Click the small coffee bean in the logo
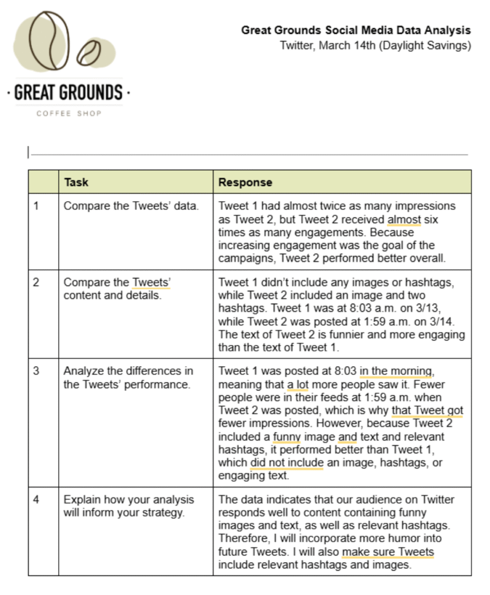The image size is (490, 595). coord(89,52)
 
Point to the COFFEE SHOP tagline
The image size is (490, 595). coord(69,113)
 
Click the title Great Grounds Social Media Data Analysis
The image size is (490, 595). coord(356,31)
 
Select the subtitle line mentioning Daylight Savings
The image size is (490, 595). coord(375,45)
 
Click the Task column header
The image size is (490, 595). coord(76,182)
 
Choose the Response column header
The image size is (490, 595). coord(245,182)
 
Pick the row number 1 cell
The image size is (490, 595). coord(37,206)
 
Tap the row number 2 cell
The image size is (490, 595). coord(37,282)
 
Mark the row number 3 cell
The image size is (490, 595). coord(37,371)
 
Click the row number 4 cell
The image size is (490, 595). coord(37,500)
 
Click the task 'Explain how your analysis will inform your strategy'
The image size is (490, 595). coord(129,506)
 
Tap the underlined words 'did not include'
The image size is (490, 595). coord(286,463)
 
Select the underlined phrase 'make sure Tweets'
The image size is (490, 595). coord(388,552)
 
